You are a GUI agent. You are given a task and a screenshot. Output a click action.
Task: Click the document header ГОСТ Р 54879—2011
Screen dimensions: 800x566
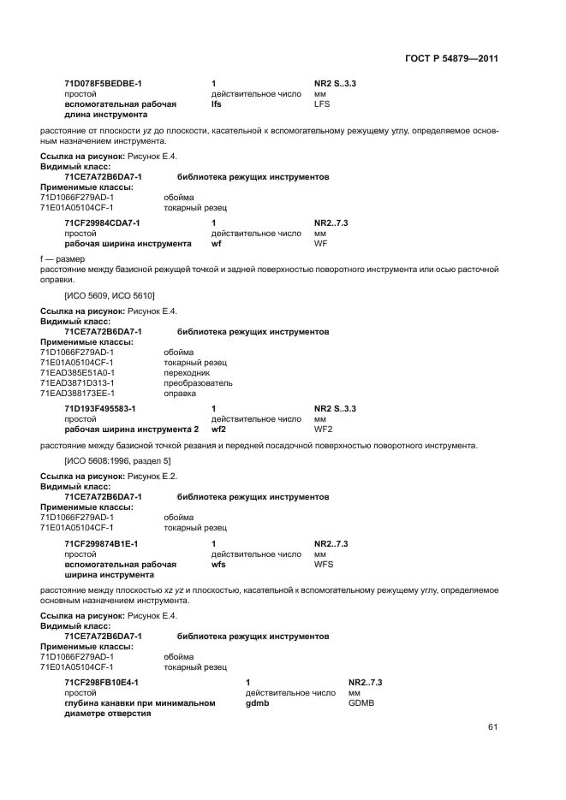pyautogui.click(x=451, y=59)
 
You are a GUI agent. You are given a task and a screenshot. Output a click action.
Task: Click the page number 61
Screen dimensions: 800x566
pyautogui.click(x=492, y=727)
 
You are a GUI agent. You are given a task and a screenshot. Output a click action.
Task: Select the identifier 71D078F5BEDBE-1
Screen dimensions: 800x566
pyautogui.click(x=103, y=83)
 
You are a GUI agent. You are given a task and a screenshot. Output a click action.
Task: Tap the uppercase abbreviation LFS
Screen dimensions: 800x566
pyautogui.click(x=322, y=104)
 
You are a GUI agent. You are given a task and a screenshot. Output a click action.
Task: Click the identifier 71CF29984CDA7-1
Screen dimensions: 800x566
pyautogui.click(x=103, y=222)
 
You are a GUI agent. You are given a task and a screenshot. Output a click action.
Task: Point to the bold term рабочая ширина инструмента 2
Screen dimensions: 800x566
pyautogui.click(x=131, y=429)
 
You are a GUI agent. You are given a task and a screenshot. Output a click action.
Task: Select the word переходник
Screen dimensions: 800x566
pyautogui.click(x=186, y=372)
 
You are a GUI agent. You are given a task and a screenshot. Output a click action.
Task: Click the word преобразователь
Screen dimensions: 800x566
pyautogui.click(x=198, y=382)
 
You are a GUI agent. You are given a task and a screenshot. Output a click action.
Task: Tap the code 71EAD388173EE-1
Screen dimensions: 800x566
pyautogui.click(x=77, y=393)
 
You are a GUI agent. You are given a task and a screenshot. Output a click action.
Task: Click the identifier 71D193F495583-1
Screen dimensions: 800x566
pyautogui.click(x=100, y=408)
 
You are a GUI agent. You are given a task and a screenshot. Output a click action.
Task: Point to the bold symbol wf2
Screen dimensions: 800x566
pyautogui.click(x=218, y=429)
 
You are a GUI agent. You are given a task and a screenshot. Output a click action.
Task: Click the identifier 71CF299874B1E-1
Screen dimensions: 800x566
pyautogui.click(x=101, y=543)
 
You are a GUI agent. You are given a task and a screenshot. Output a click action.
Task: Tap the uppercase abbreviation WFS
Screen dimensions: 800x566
pyautogui.click(x=324, y=565)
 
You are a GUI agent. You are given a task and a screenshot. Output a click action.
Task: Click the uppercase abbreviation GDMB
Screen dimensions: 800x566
pyautogui.click(x=360, y=703)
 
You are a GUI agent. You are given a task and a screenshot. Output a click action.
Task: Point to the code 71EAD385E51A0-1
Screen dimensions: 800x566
pyautogui.click(x=77, y=372)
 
